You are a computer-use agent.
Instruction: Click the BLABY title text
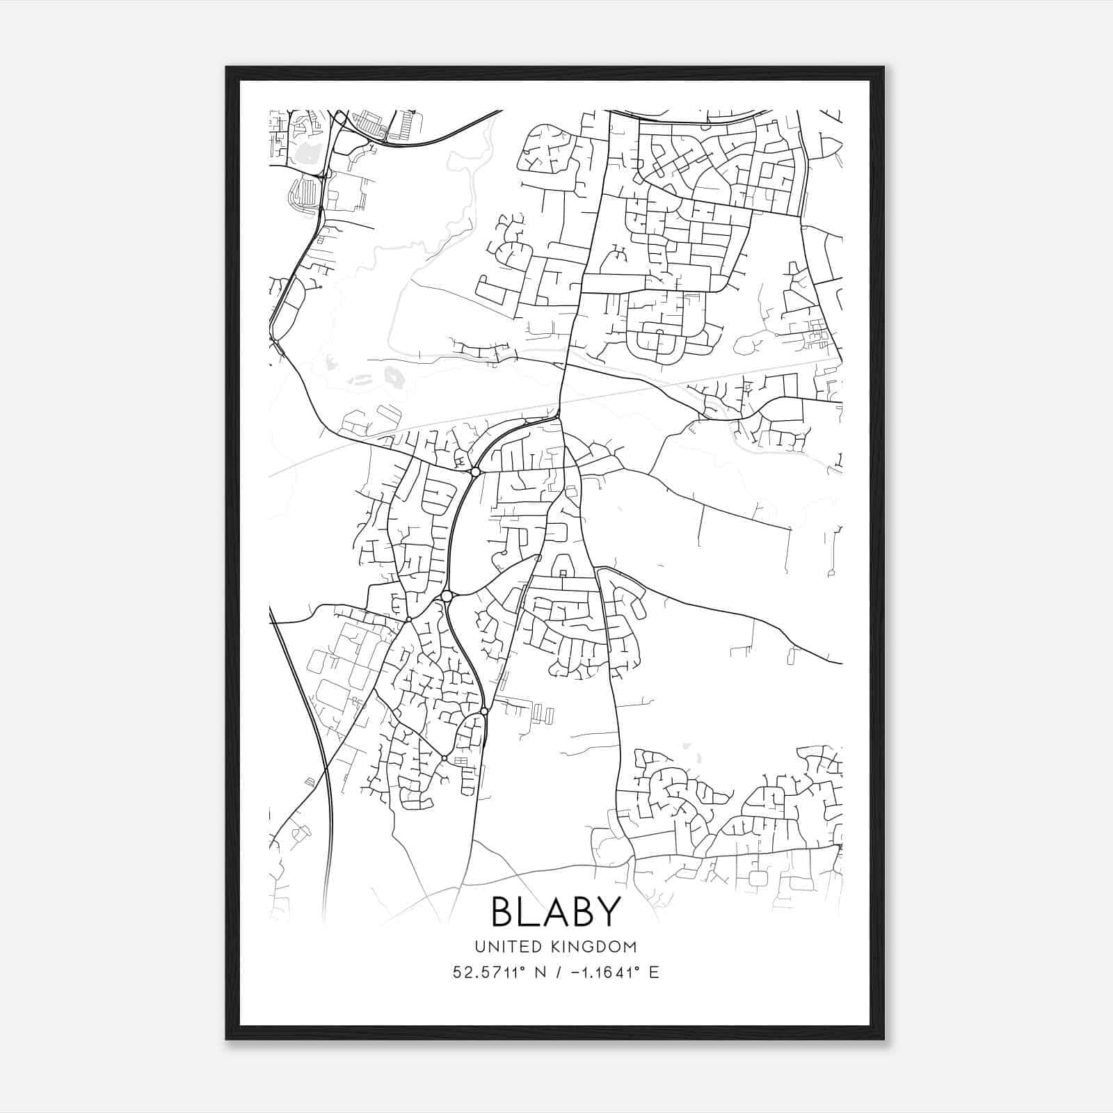[x=556, y=911]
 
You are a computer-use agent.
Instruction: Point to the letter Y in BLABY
[x=607, y=911]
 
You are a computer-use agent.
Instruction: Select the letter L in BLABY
[x=529, y=911]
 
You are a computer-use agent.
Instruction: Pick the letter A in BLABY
[x=556, y=911]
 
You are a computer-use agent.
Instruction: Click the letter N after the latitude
[x=535, y=972]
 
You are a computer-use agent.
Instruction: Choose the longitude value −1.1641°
[x=602, y=972]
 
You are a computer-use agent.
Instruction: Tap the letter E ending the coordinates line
[x=653, y=972]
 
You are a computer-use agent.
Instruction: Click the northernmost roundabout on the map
[x=475, y=472]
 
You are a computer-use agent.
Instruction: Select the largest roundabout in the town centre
[x=447, y=596]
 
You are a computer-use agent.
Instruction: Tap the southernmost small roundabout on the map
[x=445, y=758]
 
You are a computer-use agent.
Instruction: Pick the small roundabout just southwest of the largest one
[x=409, y=619]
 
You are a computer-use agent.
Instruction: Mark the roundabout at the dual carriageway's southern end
[x=484, y=712]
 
